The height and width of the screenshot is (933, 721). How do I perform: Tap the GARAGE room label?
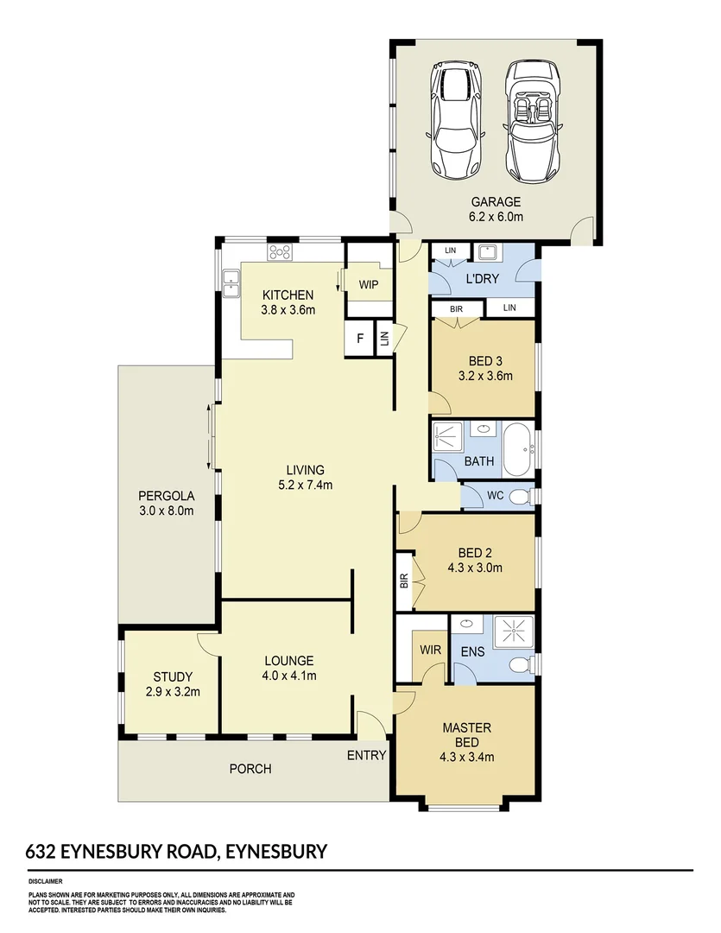tap(496, 203)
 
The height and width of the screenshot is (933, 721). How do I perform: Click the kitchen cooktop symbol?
tap(281, 252)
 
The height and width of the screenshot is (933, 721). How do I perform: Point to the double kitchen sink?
tap(231, 283)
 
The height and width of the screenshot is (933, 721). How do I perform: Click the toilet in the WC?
tap(518, 498)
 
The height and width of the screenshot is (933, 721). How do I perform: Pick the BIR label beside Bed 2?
tap(403, 581)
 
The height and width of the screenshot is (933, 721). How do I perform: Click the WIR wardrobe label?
tap(429, 648)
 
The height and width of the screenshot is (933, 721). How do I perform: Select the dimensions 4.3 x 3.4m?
tap(467, 758)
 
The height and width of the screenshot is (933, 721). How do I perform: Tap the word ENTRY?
tap(366, 755)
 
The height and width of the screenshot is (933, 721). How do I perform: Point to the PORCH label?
tap(250, 768)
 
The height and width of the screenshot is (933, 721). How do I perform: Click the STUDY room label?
tap(173, 676)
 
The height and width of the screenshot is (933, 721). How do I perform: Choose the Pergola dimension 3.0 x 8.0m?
tap(166, 511)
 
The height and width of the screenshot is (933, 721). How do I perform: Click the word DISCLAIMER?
tap(47, 882)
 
